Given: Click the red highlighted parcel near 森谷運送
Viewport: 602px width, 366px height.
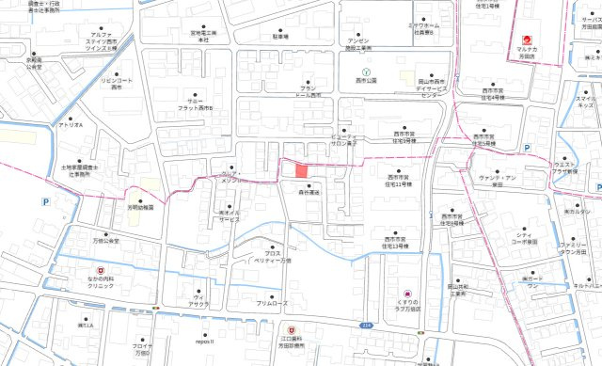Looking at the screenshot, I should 301,170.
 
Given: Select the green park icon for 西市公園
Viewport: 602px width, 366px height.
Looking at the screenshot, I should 367,72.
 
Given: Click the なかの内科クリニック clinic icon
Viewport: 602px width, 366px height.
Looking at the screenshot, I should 87,267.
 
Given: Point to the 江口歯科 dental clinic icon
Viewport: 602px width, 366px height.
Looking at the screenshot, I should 293,329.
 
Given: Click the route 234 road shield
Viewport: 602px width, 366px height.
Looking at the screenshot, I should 366,324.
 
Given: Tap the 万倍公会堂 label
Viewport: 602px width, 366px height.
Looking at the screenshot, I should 105,242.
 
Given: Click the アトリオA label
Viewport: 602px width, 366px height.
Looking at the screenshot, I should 71,125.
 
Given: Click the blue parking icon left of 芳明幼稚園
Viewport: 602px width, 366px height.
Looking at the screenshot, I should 45,201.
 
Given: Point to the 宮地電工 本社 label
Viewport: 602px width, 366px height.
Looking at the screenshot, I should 204,38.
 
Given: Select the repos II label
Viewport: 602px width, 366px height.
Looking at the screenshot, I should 206,342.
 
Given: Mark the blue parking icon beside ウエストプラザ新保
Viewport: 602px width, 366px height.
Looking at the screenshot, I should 527,149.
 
